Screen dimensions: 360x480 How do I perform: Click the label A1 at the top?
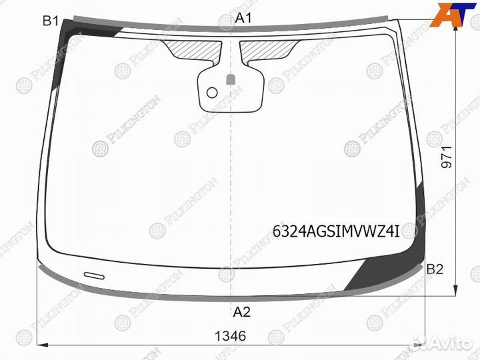click(244, 18)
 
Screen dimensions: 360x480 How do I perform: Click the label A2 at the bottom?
click(241, 311)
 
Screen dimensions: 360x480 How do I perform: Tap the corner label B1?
click(51, 21)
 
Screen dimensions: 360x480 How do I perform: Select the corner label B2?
click(435, 269)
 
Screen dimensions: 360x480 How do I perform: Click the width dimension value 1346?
click(231, 337)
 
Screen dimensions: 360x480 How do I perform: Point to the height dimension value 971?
click(446, 157)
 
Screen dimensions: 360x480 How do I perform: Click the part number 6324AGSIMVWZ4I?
click(335, 232)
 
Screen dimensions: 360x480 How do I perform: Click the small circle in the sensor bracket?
click(212, 92)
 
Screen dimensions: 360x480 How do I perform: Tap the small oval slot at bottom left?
click(93, 274)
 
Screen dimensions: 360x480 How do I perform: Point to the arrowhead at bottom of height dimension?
click(456, 291)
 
